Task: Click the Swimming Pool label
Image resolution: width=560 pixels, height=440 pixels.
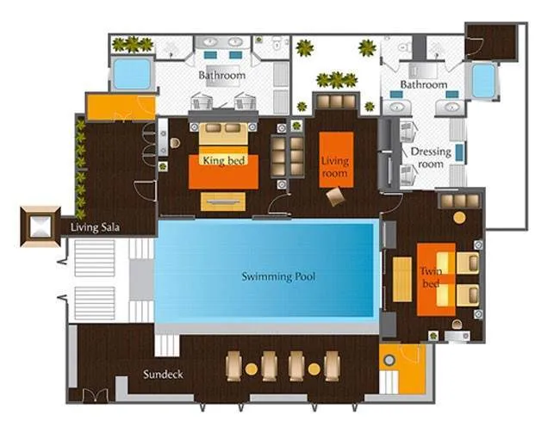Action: (278, 276)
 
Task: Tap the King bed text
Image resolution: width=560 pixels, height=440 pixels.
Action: (224, 160)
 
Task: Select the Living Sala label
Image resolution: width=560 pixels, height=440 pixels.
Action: (95, 227)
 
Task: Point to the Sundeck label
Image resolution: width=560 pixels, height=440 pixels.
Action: (163, 374)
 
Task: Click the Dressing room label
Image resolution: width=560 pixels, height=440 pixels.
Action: (431, 158)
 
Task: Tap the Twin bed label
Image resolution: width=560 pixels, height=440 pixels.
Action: (431, 277)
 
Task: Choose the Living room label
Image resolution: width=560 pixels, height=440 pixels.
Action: (334, 167)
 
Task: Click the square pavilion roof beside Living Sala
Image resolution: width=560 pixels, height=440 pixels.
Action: (40, 226)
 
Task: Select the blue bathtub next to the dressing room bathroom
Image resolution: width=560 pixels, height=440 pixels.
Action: (484, 81)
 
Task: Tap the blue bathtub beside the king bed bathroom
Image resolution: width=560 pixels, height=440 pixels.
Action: (132, 73)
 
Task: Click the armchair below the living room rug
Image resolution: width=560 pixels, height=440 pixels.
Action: (335, 196)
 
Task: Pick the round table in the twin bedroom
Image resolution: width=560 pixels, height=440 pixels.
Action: (459, 218)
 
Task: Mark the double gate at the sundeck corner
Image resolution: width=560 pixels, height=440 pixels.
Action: (96, 395)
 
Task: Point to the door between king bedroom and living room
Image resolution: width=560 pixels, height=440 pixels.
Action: (279, 204)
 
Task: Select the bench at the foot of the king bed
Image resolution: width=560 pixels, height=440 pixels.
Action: (223, 201)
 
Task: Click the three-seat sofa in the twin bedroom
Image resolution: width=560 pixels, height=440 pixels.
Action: (459, 201)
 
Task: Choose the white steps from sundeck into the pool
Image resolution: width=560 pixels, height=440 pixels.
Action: (167, 345)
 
